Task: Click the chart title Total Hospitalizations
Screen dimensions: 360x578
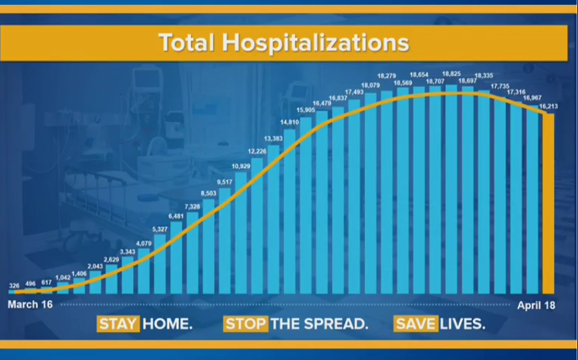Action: click(284, 43)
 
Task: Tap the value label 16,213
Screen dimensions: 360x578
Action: click(548, 107)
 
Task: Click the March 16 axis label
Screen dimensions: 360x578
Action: click(30, 304)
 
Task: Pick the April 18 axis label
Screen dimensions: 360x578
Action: click(537, 304)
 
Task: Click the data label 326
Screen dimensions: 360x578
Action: click(14, 285)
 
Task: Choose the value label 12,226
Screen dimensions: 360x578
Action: click(257, 151)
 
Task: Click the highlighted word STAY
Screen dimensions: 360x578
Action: click(118, 324)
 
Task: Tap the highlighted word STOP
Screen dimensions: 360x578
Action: click(246, 324)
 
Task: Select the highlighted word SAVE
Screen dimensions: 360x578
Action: click(416, 324)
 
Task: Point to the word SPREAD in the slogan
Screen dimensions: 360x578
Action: click(333, 324)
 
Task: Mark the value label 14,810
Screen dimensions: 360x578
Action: click(289, 123)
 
